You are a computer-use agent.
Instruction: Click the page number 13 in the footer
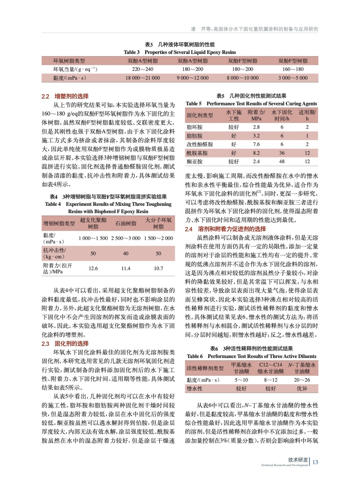coord(315,462)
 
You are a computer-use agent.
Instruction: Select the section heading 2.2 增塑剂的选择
coord(65,96)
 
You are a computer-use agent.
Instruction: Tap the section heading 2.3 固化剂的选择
coord(65,343)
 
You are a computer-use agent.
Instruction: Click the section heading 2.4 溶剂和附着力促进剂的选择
coord(225,229)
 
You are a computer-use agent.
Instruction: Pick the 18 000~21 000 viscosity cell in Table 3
coord(143,78)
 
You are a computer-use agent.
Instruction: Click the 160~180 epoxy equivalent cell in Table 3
coord(293,69)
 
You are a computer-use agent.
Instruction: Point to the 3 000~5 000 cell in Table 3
coord(293,78)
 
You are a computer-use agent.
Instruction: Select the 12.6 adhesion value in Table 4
coord(93,269)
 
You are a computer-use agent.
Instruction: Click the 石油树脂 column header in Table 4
coord(126,223)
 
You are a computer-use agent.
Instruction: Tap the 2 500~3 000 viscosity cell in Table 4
coord(126,238)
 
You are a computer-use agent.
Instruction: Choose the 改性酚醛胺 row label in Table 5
coord(200,145)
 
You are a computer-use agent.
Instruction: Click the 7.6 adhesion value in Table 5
coord(256,145)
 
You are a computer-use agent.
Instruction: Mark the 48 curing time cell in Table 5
coord(282,162)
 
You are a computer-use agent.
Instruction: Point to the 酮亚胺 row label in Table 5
coord(194,162)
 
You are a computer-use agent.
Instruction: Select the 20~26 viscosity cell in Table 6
coord(301,380)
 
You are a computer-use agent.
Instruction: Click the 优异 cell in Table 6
coord(301,389)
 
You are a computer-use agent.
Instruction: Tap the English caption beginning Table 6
coord(251,356)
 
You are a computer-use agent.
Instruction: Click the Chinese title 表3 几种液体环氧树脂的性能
coord(180,45)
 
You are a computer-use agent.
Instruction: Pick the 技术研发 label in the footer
coord(298,460)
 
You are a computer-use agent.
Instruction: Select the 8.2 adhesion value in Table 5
coord(256,153)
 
